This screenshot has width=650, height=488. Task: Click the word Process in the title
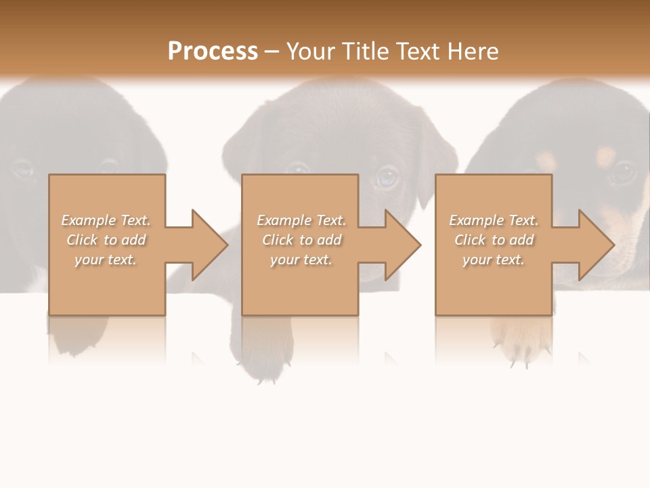click(213, 51)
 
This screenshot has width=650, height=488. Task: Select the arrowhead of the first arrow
click(209, 245)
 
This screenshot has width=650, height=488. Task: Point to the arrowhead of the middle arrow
click(402, 245)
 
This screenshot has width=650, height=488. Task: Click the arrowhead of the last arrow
click(596, 245)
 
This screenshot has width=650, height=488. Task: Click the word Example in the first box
click(89, 220)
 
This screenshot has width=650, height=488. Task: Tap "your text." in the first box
click(106, 260)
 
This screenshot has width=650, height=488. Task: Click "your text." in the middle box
click(301, 260)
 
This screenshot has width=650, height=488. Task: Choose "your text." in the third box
click(493, 260)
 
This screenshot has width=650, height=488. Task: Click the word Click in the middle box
click(277, 240)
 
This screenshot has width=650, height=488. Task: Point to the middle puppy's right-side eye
click(387, 178)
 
